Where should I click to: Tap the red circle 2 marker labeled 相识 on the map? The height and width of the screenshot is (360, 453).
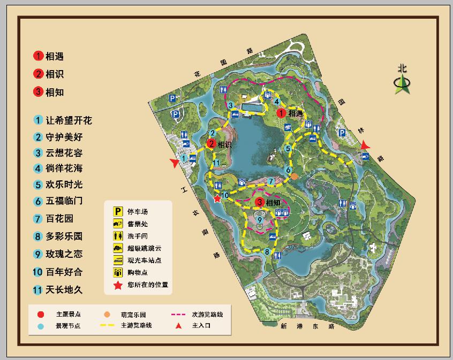tap(211, 143)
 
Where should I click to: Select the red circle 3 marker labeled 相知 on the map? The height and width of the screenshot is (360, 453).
tap(259, 202)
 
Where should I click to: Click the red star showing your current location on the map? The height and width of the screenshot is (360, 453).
tap(217, 199)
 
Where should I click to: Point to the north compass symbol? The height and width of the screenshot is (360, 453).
tap(402, 81)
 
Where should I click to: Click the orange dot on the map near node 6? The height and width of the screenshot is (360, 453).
tap(294, 176)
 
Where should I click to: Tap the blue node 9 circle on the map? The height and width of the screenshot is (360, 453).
tap(259, 219)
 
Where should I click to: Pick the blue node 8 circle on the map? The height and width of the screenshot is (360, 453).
tap(267, 251)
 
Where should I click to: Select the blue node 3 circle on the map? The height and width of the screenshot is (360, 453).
tap(230, 105)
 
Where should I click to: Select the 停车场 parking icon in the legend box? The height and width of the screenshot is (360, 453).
tap(116, 212)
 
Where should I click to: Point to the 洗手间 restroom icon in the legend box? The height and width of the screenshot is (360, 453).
tap(116, 235)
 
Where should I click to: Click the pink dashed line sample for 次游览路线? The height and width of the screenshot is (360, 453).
tap(180, 314)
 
